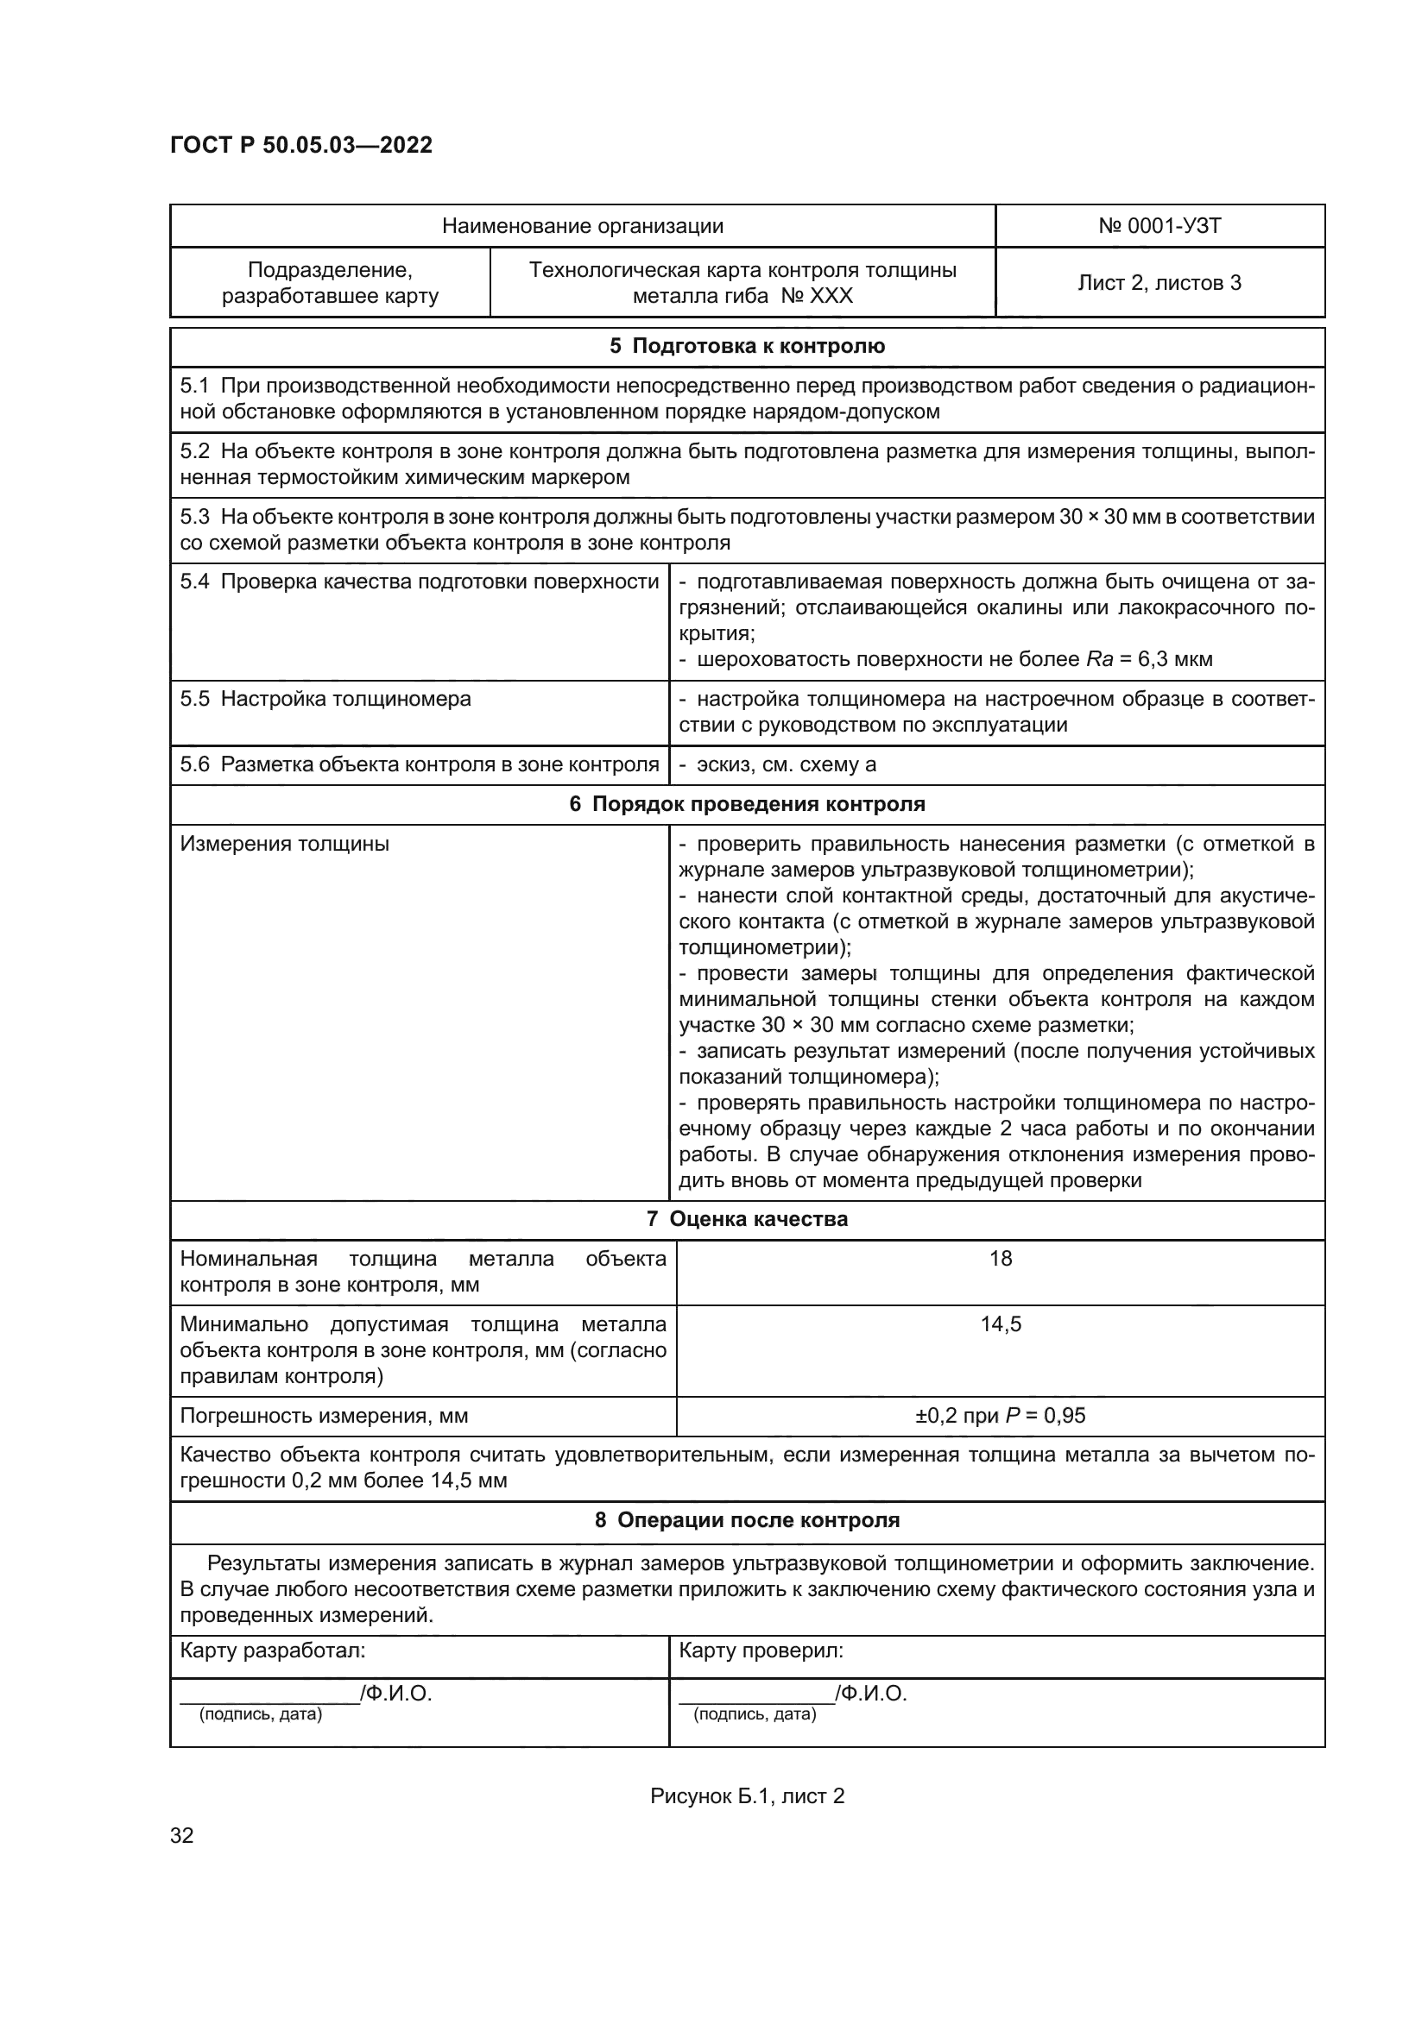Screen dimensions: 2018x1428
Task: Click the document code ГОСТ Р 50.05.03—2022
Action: pyautogui.click(x=300, y=145)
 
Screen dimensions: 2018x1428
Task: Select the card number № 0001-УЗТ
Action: pyautogui.click(x=1159, y=226)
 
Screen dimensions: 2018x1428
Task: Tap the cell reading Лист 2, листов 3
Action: pyautogui.click(x=1159, y=282)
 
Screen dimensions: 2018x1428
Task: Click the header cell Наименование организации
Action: pyautogui.click(x=582, y=226)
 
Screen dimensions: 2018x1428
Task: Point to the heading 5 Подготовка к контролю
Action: pyautogui.click(x=747, y=346)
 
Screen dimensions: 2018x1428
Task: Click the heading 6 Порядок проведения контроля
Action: pyautogui.click(x=747, y=804)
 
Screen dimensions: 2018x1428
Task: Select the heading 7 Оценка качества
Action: pyautogui.click(x=747, y=1219)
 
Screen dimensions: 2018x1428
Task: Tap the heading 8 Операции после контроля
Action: pyautogui.click(x=747, y=1520)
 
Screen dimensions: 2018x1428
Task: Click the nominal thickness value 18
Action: pyautogui.click(x=1001, y=1259)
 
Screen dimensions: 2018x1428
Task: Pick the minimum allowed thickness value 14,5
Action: pyautogui.click(x=1001, y=1324)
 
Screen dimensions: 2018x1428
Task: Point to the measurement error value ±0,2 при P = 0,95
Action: pyautogui.click(x=1001, y=1416)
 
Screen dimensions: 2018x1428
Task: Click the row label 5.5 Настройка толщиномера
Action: pyautogui.click(x=325, y=700)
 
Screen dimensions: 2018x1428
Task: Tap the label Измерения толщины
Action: pyautogui.click(x=284, y=845)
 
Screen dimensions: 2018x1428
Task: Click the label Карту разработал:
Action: pyautogui.click(x=273, y=1650)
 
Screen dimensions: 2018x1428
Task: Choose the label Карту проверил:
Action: pyautogui.click(x=761, y=1650)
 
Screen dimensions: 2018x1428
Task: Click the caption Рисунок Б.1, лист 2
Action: pyautogui.click(x=747, y=1796)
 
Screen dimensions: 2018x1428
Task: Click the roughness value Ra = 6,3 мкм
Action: pyautogui.click(x=1149, y=659)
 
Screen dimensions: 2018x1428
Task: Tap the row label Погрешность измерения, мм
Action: pyautogui.click(x=324, y=1416)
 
